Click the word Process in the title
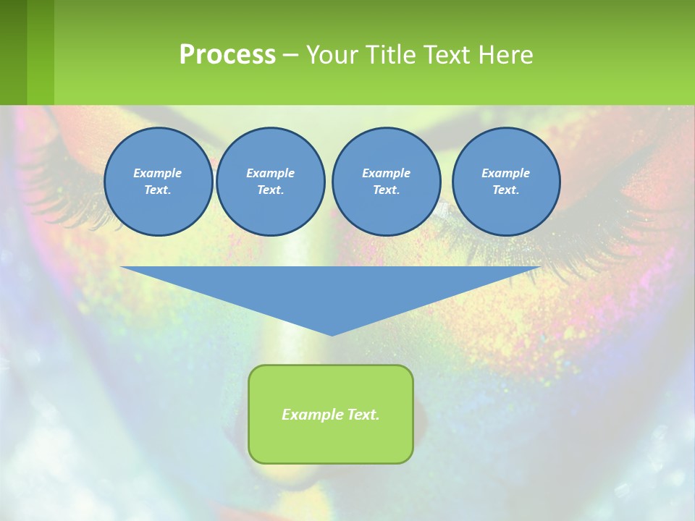(x=227, y=55)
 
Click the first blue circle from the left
(x=158, y=182)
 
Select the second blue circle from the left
(x=270, y=182)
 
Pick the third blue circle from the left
(x=386, y=182)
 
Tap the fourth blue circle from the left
(x=505, y=182)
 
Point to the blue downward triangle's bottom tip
(x=332, y=334)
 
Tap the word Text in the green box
(x=362, y=415)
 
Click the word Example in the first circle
(x=158, y=173)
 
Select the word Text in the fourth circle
(x=505, y=190)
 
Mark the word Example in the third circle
(x=386, y=173)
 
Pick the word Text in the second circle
(x=270, y=190)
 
